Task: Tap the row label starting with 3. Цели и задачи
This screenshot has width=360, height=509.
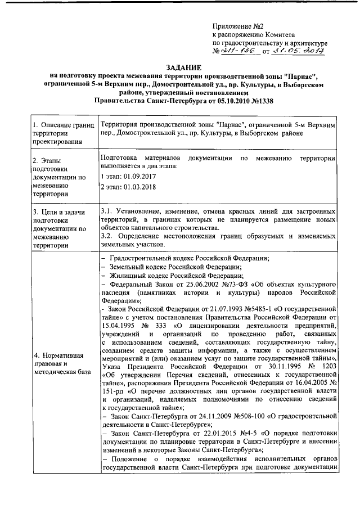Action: [59, 228]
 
